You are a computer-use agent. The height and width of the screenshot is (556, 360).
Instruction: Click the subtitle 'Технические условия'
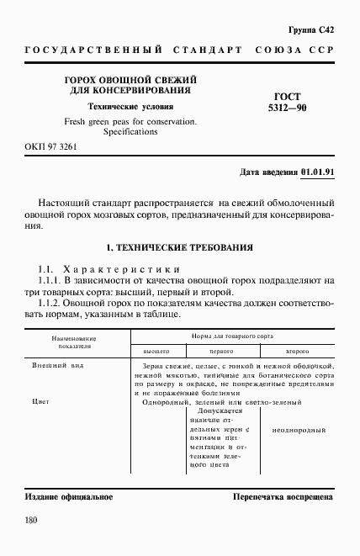tap(130, 107)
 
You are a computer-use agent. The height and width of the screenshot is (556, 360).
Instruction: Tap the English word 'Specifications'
tap(130, 132)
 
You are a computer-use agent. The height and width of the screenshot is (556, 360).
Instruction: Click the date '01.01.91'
tap(317, 173)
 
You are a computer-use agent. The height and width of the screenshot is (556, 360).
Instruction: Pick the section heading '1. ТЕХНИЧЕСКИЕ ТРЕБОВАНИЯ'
tap(179, 248)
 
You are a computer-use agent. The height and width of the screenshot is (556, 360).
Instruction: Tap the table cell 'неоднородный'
tap(299, 430)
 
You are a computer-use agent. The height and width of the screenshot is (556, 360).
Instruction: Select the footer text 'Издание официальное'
tap(69, 497)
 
